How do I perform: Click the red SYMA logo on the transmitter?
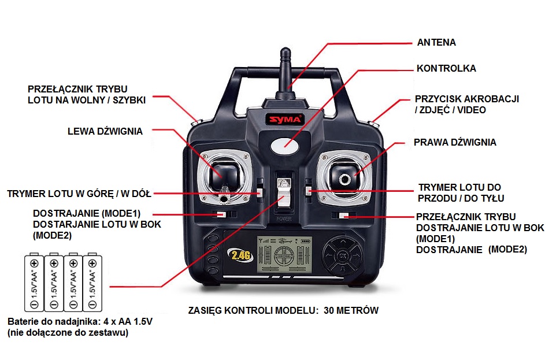(x=285, y=119)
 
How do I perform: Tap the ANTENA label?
(x=436, y=43)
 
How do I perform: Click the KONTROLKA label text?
(x=446, y=68)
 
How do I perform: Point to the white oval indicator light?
(x=285, y=146)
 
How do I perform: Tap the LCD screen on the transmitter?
(x=284, y=254)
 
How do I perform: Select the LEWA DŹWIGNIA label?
(x=105, y=131)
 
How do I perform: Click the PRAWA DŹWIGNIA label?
(x=455, y=142)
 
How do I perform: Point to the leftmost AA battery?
(x=34, y=282)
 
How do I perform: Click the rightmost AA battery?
(x=92, y=282)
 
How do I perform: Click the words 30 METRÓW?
(x=351, y=310)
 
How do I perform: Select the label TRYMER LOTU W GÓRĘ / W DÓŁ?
(x=79, y=194)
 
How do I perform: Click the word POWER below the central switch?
(x=284, y=219)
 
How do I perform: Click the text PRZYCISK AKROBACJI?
(x=466, y=99)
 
